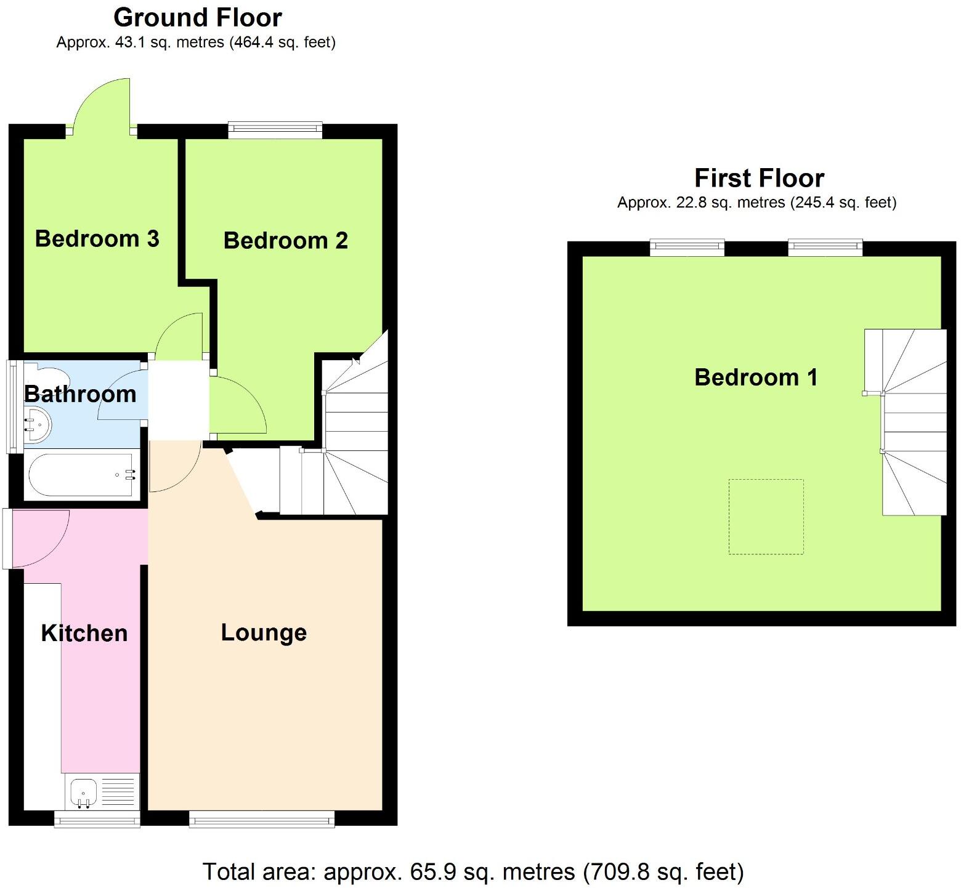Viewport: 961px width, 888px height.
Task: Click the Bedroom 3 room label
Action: click(97, 238)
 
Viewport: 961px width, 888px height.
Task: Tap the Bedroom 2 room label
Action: click(285, 240)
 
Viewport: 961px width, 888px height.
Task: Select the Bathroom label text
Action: click(80, 394)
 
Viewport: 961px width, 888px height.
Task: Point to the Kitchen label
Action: click(84, 633)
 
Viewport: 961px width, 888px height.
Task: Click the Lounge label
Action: click(264, 632)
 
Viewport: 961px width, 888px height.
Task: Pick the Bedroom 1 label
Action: click(756, 377)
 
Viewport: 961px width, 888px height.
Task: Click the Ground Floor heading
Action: click(198, 17)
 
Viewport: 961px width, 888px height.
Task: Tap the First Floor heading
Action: click(759, 178)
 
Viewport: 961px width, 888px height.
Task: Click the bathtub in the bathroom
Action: click(80, 475)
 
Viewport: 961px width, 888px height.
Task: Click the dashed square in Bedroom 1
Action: click(766, 517)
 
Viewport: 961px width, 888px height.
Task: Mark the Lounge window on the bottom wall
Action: click(262, 818)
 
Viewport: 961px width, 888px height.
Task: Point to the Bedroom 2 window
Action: click(275, 129)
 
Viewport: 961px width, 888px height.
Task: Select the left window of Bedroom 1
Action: click(687, 248)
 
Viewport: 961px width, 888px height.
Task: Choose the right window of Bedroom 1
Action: click(825, 248)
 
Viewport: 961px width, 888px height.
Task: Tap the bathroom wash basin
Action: click(37, 424)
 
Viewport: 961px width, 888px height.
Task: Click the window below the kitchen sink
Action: click(97, 818)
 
